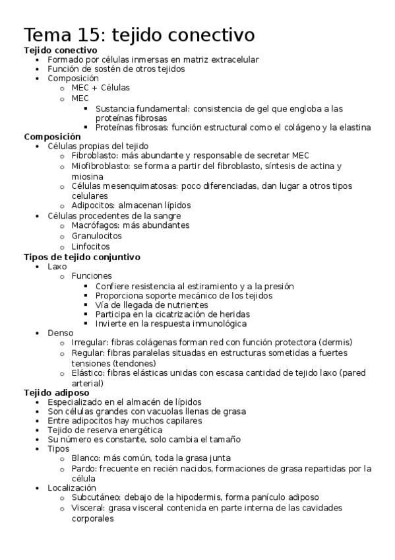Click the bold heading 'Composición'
(x=52, y=137)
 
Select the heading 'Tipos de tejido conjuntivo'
(x=82, y=257)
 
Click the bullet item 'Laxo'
(x=57, y=266)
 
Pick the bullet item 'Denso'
(x=61, y=333)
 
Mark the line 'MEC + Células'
(x=100, y=88)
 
